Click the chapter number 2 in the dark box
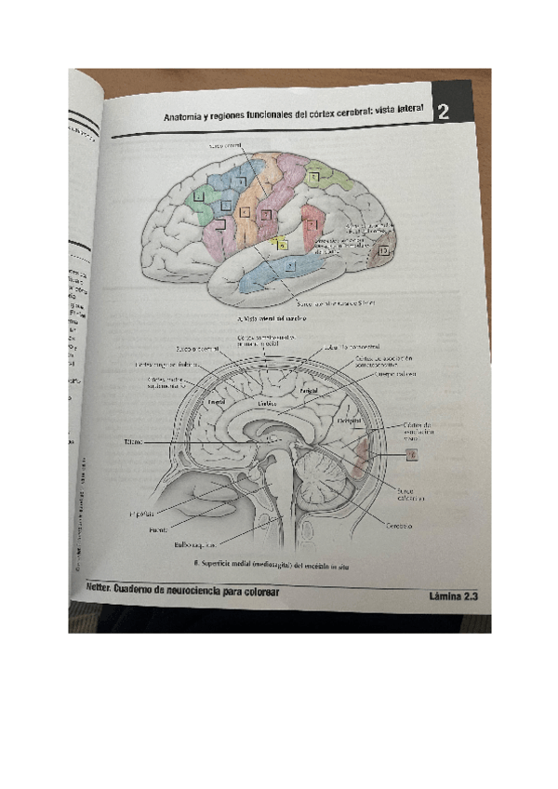pos(444,113)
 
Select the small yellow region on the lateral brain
pos(281,244)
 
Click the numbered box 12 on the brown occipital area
pos(384,251)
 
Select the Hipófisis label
pos(141,513)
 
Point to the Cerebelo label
pos(400,526)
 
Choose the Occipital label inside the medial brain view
pos(349,421)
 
